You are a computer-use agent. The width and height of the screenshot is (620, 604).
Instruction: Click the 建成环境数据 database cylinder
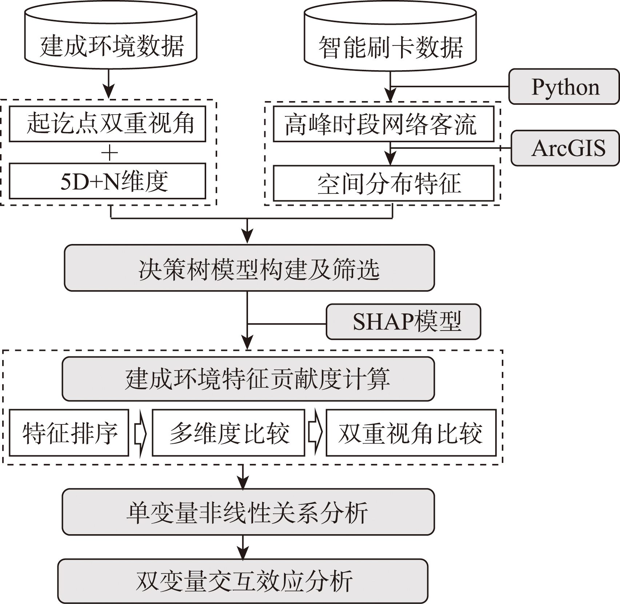coord(111,40)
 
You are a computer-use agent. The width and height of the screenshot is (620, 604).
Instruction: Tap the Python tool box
coord(564,87)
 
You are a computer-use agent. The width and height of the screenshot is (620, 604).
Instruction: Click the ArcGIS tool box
coord(566,148)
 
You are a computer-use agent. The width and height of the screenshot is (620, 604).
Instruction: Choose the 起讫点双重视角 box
coord(107,124)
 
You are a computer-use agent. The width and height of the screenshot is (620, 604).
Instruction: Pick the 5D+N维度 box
coord(107,181)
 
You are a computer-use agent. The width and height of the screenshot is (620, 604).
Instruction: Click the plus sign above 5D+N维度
coord(109,153)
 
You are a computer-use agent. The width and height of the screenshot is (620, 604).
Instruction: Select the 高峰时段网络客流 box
coord(383,124)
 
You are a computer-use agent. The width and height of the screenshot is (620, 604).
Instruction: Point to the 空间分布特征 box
coord(383,183)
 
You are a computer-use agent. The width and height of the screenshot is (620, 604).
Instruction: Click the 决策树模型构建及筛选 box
coord(249,268)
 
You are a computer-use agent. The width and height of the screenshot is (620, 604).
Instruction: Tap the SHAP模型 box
coord(404,322)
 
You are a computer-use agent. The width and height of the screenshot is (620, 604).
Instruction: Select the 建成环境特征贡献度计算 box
coord(248,379)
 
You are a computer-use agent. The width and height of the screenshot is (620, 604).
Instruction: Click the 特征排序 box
coord(69,433)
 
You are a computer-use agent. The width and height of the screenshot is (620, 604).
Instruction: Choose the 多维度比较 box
coord(228,433)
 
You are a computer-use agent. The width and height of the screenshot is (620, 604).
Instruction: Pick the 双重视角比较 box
coord(411,433)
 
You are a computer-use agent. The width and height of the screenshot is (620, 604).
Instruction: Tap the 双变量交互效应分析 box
coord(243,581)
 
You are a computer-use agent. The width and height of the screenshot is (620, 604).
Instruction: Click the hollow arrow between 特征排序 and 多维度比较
coord(140,433)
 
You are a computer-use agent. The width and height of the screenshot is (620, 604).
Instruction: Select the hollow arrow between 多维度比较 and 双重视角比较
coord(315,433)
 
